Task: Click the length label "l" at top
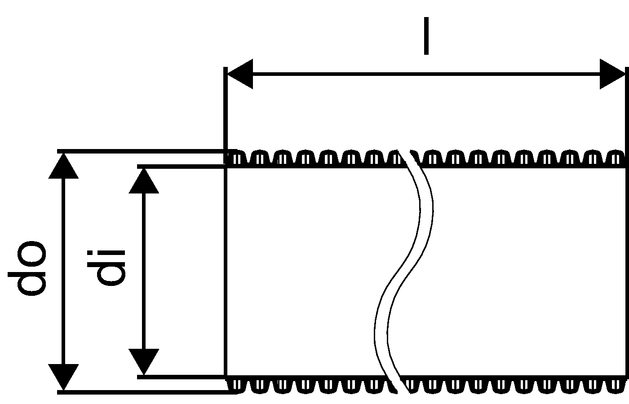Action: pyautogui.click(x=426, y=36)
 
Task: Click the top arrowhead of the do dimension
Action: pyautogui.click(x=63, y=166)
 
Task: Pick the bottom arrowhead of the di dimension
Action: pyautogui.click(x=144, y=361)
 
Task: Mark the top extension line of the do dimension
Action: pyautogui.click(x=139, y=151)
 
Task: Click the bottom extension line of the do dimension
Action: pyautogui.click(x=139, y=392)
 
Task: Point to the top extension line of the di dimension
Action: pyautogui.click(x=180, y=167)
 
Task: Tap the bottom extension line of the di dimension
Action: pyautogui.click(x=180, y=377)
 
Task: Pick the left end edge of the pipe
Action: pyautogui.click(x=225, y=269)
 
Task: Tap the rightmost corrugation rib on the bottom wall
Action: pyautogui.click(x=616, y=385)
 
